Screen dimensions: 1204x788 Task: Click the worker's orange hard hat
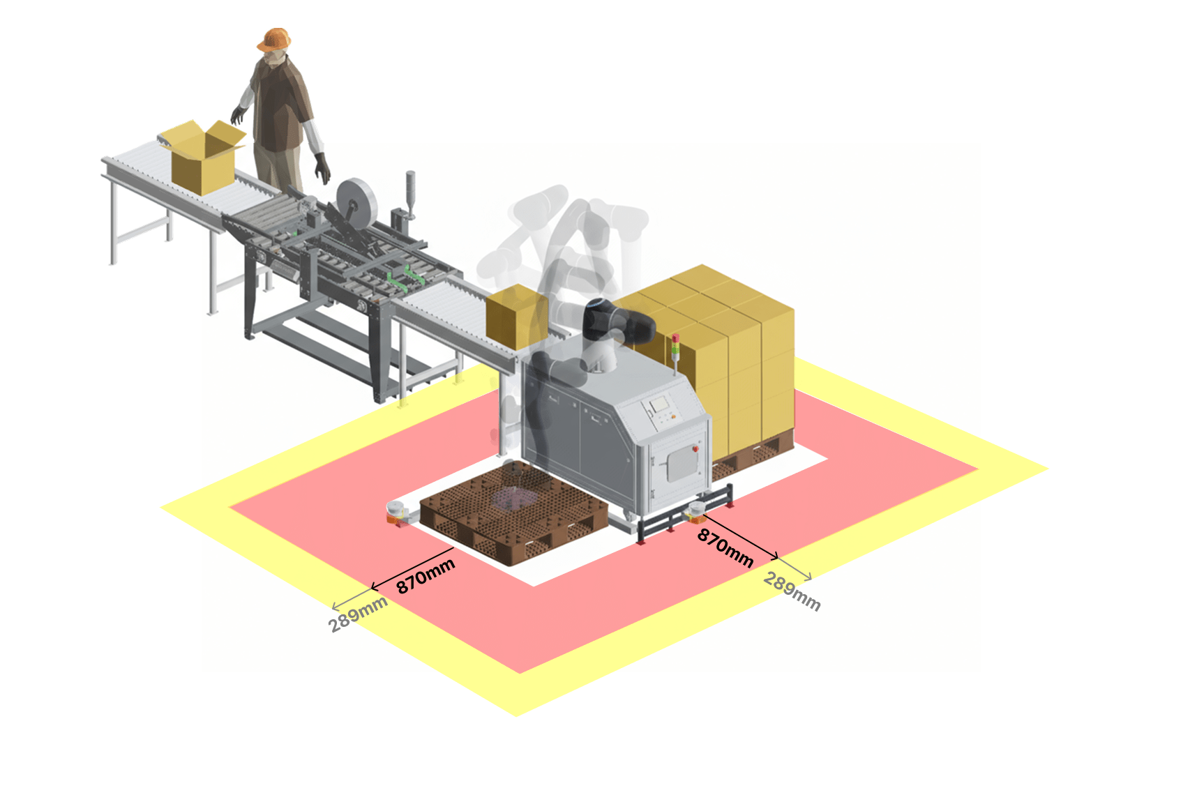274,39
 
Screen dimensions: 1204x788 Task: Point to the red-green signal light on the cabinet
675,347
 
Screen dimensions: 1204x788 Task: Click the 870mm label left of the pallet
426,576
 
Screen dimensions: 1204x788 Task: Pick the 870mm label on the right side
725,548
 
